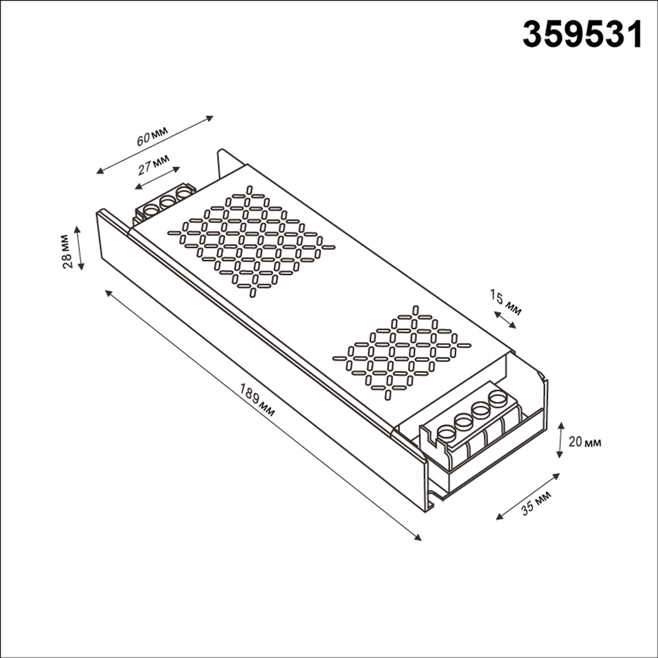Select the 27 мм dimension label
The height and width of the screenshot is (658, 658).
(153, 164)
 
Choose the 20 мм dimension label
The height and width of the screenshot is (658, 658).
(584, 442)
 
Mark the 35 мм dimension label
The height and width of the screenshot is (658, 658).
(536, 504)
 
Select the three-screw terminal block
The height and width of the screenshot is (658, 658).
(165, 203)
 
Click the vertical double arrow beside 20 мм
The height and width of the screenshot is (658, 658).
(559, 440)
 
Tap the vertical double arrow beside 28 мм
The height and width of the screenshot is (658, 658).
(80, 248)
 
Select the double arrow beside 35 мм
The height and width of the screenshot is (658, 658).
(527, 496)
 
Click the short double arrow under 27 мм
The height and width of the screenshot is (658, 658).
(157, 178)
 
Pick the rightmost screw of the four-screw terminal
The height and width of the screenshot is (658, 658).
(498, 398)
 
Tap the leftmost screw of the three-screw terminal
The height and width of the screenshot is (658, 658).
(151, 211)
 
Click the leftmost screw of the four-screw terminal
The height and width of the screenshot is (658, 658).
(447, 433)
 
